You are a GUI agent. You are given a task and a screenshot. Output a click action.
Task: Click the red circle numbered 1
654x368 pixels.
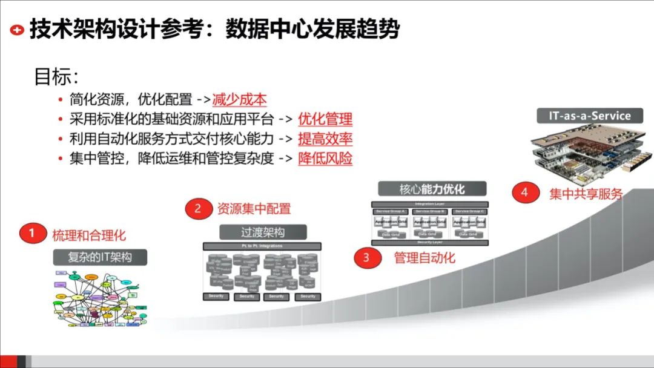[31, 234]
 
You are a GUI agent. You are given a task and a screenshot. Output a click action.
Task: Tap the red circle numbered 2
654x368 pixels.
[197, 209]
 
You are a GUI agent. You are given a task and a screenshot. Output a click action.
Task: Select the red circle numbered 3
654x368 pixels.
[366, 258]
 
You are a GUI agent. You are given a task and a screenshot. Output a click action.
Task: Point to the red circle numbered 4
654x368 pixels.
[524, 193]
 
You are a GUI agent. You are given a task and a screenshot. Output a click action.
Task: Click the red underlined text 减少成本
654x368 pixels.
[240, 100]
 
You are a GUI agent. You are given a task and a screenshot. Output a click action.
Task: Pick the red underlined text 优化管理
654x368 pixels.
[325, 119]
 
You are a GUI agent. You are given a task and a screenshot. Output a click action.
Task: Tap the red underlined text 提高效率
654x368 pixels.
[325, 139]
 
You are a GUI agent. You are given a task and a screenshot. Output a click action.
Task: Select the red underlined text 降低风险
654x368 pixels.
[325, 159]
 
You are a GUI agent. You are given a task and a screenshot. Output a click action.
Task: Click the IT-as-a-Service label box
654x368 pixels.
[581, 116]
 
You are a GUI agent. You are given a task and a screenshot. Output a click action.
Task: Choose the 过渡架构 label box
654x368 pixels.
[262, 232]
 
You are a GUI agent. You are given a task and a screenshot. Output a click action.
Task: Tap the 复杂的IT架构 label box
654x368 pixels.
[101, 257]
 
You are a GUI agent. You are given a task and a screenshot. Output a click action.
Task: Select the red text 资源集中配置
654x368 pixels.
[254, 209]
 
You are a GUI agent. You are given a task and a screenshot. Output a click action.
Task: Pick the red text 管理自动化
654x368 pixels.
[424, 258]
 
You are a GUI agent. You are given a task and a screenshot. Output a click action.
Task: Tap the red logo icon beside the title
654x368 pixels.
[18, 30]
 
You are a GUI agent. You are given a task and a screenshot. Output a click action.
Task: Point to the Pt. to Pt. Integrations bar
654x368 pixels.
[262, 246]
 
